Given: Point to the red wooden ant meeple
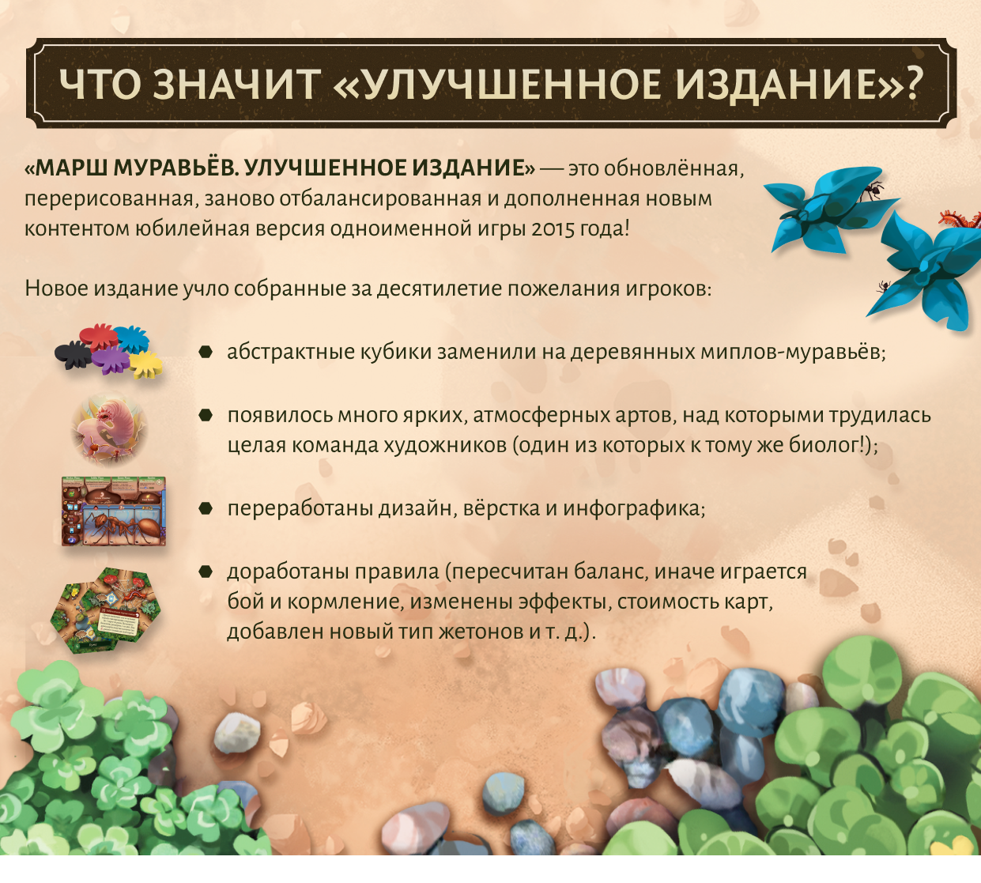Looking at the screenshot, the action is coord(99,336).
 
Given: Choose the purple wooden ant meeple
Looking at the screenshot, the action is coord(111,360).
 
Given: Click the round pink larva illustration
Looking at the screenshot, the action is coord(109,428).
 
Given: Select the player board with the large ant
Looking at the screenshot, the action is coord(114,511).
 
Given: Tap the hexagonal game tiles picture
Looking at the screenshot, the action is coord(106,610).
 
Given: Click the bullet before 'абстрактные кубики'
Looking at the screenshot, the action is coord(206,352).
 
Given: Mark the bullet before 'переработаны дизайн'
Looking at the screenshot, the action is coord(206,509).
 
